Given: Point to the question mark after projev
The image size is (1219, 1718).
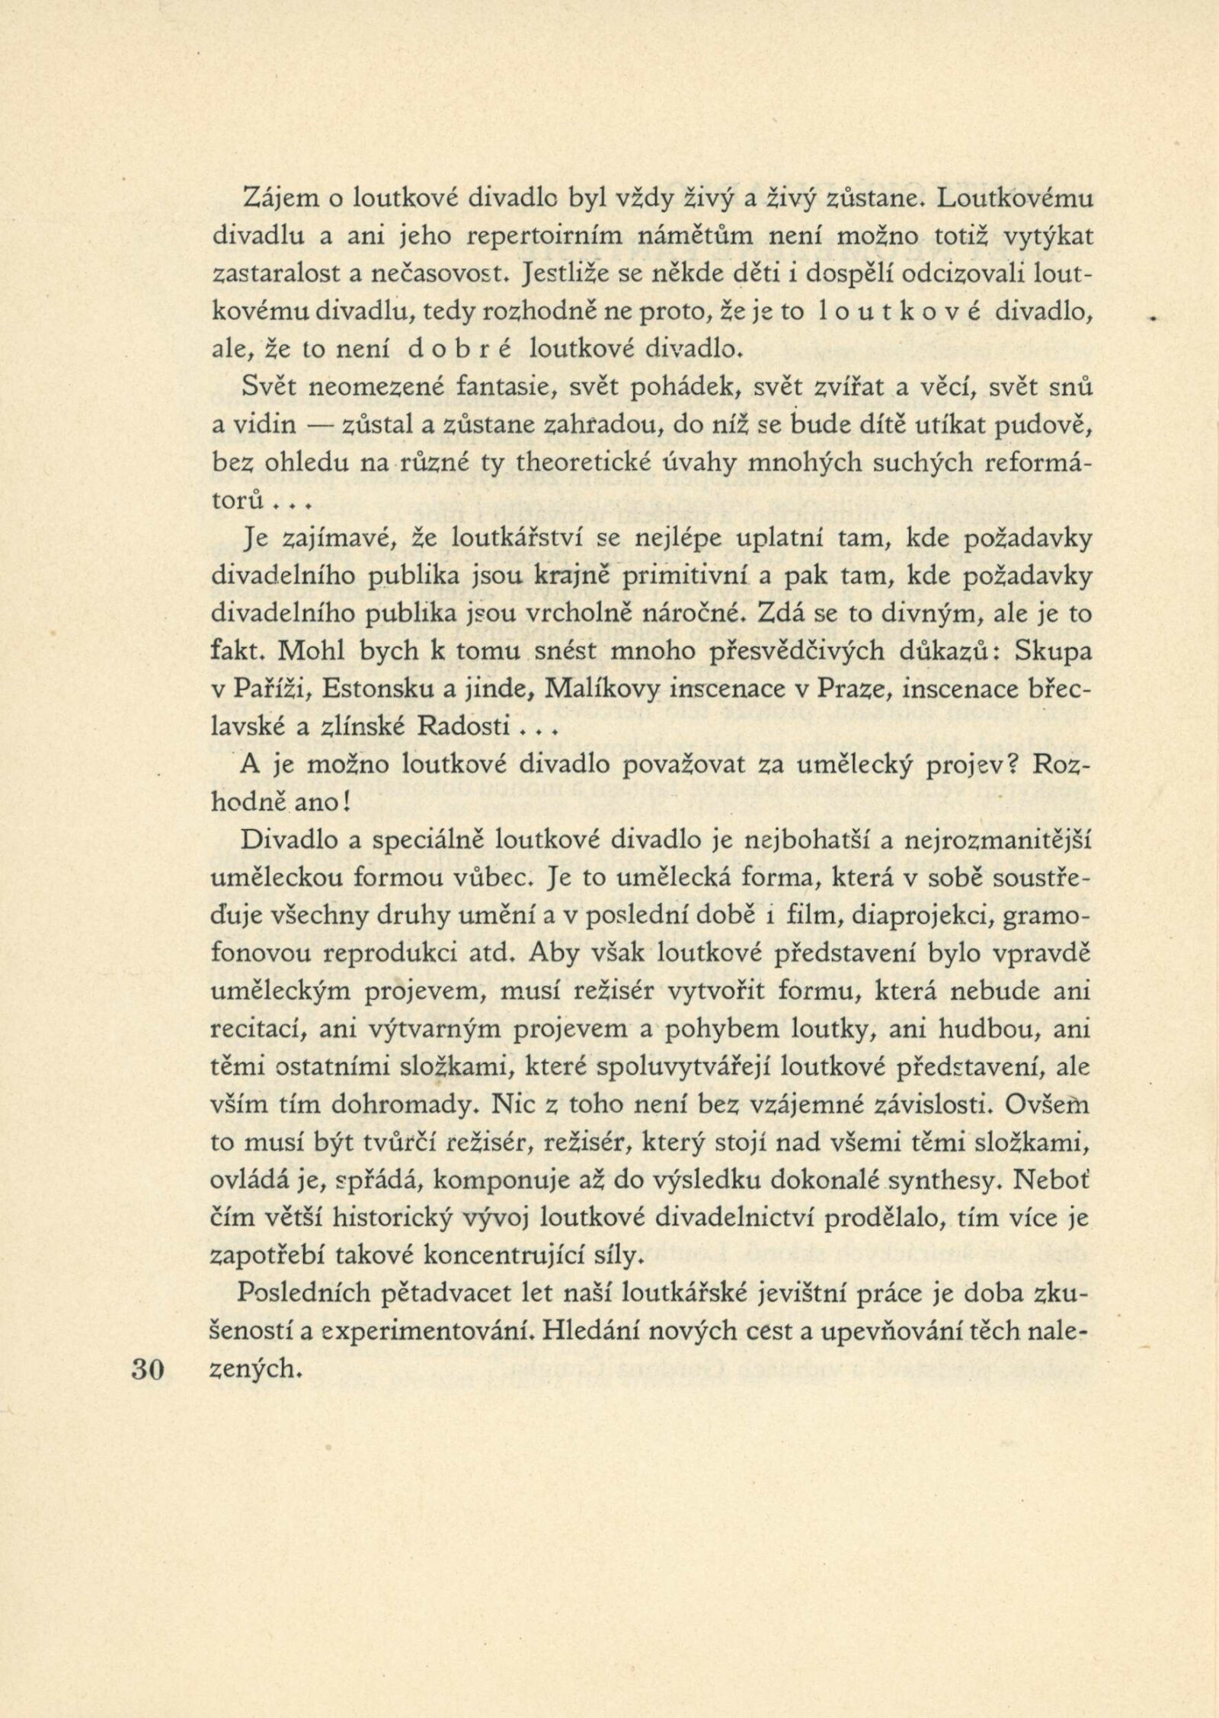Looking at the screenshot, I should (1025, 766).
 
